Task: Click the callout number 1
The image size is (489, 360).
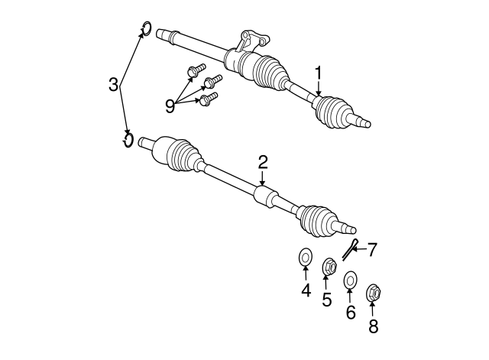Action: coord(318,73)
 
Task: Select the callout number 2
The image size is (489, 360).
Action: coord(262,163)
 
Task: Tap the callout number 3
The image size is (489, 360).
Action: coord(114,85)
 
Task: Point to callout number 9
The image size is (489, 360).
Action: coord(170,107)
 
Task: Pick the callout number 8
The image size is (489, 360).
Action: coord(373,326)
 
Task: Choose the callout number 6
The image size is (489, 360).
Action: coord(351,312)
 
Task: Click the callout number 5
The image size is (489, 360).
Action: coord(326,300)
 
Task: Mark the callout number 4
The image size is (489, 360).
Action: coord(306,290)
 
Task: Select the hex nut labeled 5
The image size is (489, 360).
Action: coord(329,267)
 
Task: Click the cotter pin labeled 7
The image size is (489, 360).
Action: coord(349,250)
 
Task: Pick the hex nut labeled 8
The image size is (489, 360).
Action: coord(374,293)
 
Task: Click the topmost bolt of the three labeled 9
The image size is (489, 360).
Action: coord(196,70)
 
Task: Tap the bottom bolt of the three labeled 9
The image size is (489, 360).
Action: coord(208,99)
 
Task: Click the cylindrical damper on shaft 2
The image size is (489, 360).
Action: coord(265,196)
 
